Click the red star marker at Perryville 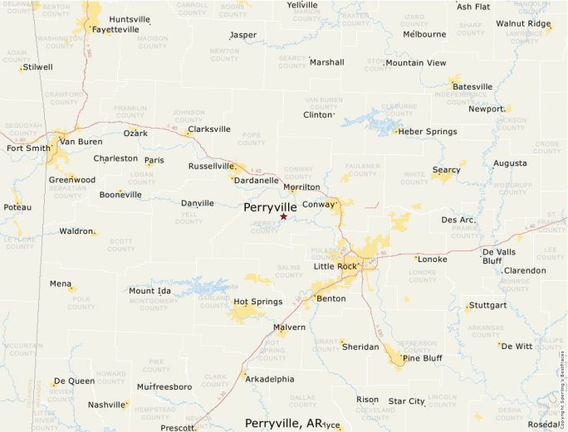(283, 216)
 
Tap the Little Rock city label (335, 266)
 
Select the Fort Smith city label (28, 148)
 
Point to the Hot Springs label (257, 301)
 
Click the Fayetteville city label (115, 29)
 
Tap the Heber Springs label (428, 132)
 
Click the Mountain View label (415, 63)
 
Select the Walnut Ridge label (523, 23)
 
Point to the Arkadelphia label (270, 379)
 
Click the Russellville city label (213, 166)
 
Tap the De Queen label (74, 381)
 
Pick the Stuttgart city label (487, 305)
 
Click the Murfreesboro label (164, 387)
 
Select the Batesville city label (472, 87)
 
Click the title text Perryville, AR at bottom (283, 423)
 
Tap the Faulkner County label (362, 169)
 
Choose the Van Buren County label (323, 103)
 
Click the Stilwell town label (38, 67)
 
